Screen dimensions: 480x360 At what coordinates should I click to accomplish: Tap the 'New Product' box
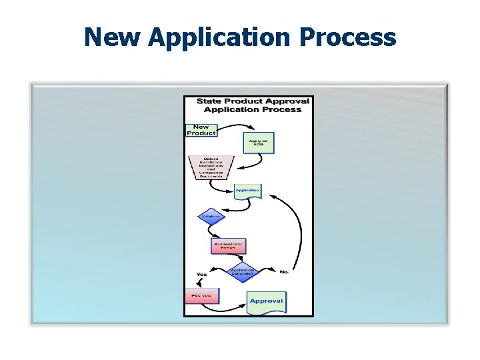pos(201,130)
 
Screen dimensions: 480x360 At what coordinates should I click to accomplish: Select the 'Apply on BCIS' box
pos(258,143)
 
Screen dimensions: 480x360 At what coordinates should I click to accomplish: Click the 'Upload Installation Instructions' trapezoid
pos(211,167)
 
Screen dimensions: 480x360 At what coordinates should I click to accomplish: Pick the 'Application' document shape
pos(247,191)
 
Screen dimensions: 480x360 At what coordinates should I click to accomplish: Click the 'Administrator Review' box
pos(228,246)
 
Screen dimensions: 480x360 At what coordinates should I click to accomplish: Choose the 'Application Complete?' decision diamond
pos(241,272)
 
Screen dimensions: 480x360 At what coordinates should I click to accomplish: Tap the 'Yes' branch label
pos(201,274)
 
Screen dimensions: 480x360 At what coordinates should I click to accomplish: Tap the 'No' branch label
pos(283,272)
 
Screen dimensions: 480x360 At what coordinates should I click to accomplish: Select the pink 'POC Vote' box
pos(201,296)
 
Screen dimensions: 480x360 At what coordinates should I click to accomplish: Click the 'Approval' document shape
pos(266,301)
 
